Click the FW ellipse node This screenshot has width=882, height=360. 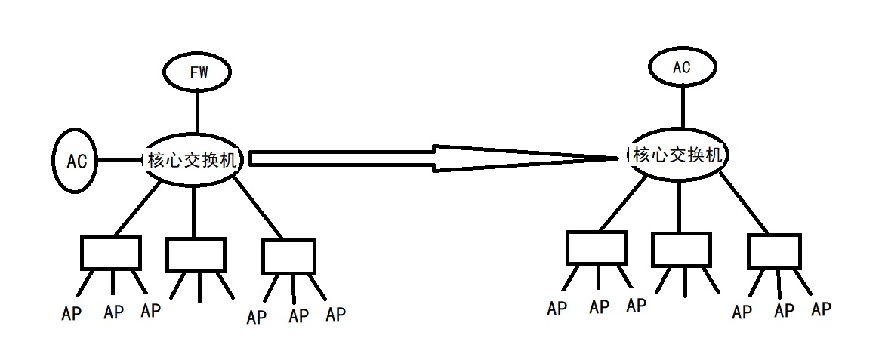(x=197, y=72)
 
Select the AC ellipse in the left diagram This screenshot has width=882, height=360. (x=76, y=161)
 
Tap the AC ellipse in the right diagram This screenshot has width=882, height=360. (x=681, y=66)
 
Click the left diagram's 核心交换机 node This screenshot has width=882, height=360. (x=192, y=159)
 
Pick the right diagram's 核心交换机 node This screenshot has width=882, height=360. (x=679, y=155)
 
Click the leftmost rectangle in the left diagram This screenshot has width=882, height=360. (x=111, y=253)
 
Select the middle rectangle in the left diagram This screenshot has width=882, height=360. (x=196, y=254)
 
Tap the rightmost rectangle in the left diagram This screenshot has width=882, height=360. (x=288, y=257)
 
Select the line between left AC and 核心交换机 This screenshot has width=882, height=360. (x=119, y=160)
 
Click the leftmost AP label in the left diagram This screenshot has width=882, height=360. (x=72, y=312)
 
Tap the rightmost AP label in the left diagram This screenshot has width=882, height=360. (x=335, y=313)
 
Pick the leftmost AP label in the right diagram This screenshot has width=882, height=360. (x=557, y=309)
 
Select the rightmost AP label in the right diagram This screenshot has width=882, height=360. (x=821, y=309)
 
